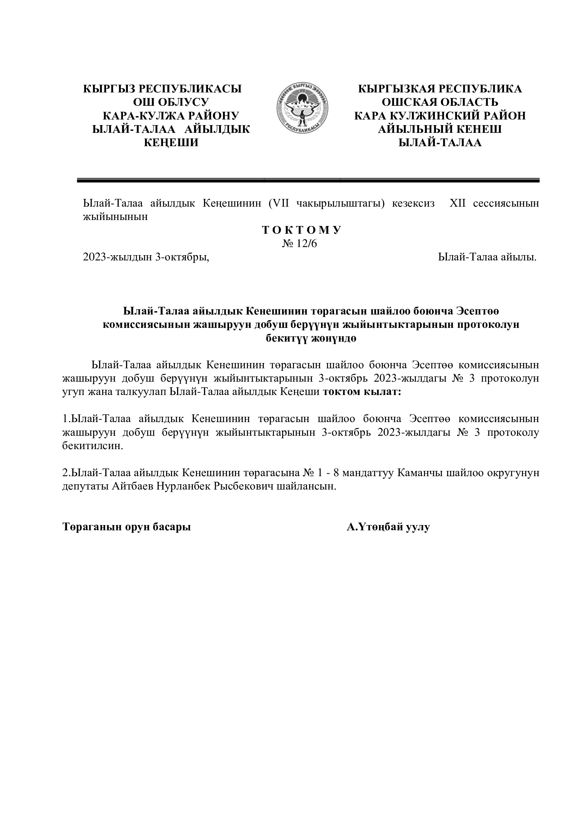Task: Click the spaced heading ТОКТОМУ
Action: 302,230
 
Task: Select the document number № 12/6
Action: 300,244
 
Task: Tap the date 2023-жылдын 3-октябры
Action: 146,257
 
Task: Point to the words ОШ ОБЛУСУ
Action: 171,102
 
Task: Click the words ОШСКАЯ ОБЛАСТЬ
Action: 440,102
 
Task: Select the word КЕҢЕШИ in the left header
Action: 171,143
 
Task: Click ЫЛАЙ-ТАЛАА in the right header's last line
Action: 440,143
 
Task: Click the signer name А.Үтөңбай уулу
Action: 388,527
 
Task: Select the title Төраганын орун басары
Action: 127,527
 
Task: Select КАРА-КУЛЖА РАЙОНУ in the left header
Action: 171,116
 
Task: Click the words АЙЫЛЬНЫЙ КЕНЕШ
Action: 440,129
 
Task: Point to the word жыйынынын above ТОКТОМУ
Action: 115,217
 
